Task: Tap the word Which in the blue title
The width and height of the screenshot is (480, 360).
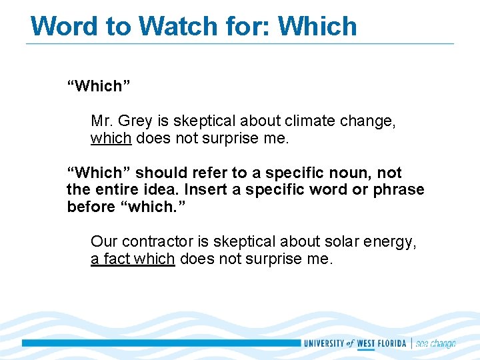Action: (x=317, y=26)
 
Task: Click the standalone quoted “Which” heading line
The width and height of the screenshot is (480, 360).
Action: (x=99, y=86)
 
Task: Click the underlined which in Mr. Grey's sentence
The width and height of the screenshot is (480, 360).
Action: (x=111, y=139)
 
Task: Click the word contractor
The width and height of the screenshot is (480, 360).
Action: (x=152, y=242)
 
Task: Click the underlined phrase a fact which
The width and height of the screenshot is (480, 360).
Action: (x=133, y=259)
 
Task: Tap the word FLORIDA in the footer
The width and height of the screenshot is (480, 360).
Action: (x=392, y=343)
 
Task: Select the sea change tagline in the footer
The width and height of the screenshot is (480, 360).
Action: (x=435, y=343)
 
